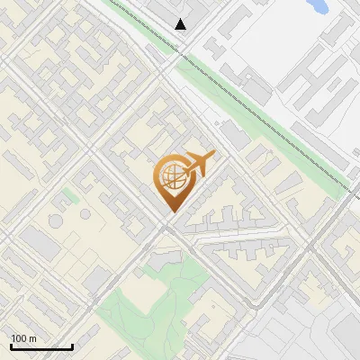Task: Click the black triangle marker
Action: tap(182, 24)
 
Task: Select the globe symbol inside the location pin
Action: tap(171, 176)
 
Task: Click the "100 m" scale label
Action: tap(23, 338)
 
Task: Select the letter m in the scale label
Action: tap(32, 338)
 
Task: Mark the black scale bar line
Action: tap(41, 346)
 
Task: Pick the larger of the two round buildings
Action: tap(56, 220)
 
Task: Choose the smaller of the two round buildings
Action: tap(85, 214)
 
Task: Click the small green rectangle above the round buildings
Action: tap(70, 194)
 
